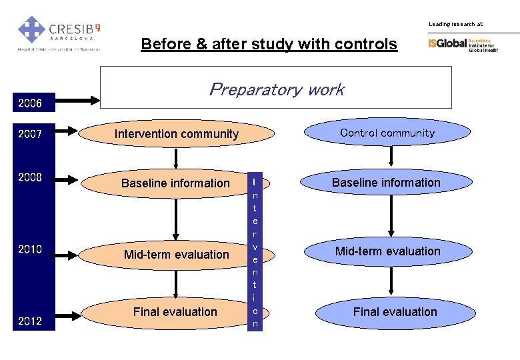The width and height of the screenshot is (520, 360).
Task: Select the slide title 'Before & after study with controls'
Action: pos(269,45)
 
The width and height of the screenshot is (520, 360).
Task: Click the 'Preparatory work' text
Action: pos(276,89)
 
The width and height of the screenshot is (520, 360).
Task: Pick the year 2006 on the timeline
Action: pos(30,103)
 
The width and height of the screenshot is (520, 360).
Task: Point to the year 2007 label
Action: pos(30,133)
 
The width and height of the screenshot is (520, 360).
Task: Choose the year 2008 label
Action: pos(30,177)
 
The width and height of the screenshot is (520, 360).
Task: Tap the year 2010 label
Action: pos(30,249)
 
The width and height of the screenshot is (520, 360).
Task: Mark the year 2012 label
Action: pos(30,321)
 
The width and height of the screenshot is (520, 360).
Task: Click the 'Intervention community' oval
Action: pos(176,133)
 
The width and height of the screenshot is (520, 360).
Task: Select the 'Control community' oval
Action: pos(387,133)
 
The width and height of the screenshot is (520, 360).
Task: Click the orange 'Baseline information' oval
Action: pos(175,183)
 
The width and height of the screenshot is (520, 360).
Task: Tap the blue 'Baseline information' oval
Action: pos(387,183)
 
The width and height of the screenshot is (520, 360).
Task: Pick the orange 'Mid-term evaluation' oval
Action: pos(176,254)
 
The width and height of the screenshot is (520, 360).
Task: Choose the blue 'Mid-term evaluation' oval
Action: pos(387,251)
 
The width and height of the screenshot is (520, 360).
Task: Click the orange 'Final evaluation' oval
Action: pos(175,311)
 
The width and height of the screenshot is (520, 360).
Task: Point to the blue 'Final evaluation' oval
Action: pos(395,311)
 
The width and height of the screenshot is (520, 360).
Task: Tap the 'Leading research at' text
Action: pos(455,24)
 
